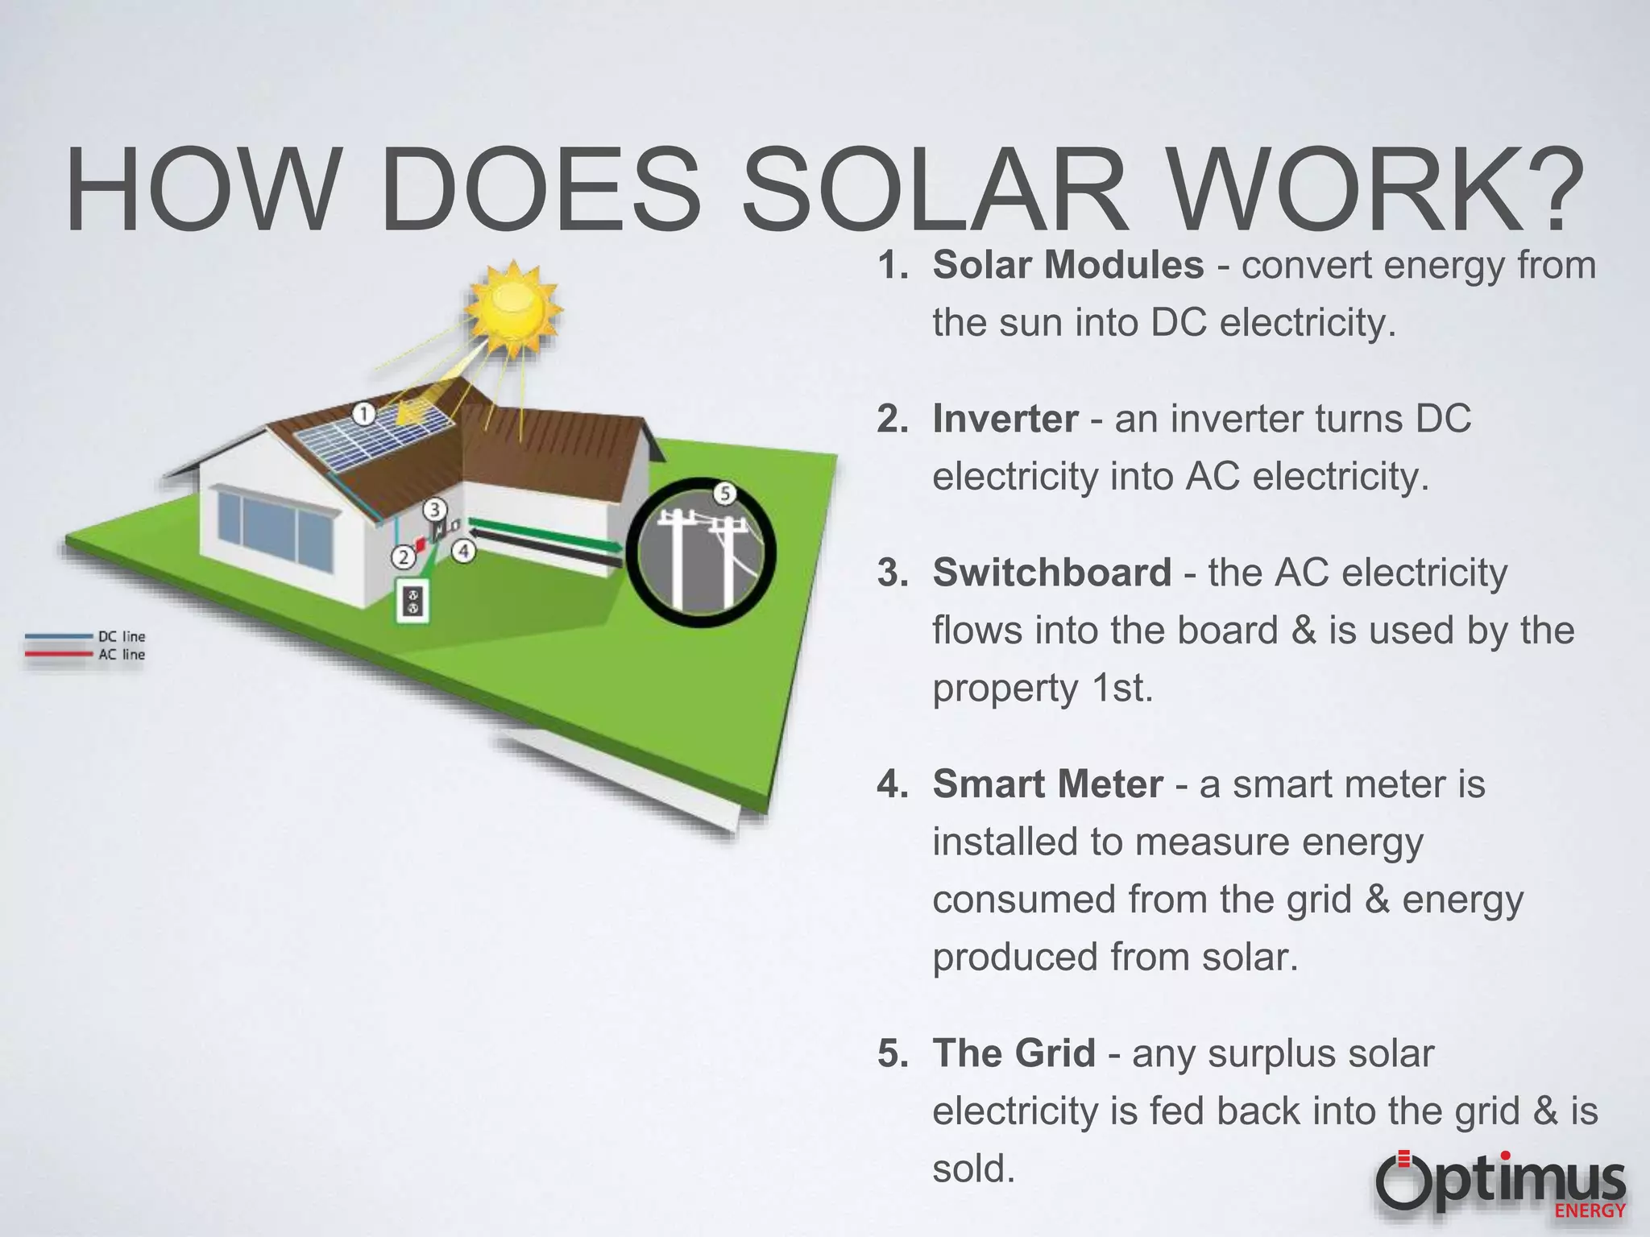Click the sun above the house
(x=516, y=305)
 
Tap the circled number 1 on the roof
(x=364, y=414)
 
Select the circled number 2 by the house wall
(x=404, y=556)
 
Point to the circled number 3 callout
(x=435, y=509)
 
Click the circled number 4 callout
(x=463, y=552)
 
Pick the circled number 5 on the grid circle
(x=724, y=493)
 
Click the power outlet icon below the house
(x=412, y=601)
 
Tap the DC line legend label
(x=122, y=636)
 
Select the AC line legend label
(x=122, y=655)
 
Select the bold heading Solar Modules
(x=1068, y=265)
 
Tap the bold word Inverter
(x=1005, y=419)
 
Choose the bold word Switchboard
(x=1051, y=573)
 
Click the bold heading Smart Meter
(x=1047, y=784)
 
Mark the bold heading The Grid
(x=1014, y=1053)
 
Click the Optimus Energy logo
(x=1500, y=1185)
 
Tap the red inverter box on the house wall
(x=420, y=544)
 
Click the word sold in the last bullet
(x=973, y=1169)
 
